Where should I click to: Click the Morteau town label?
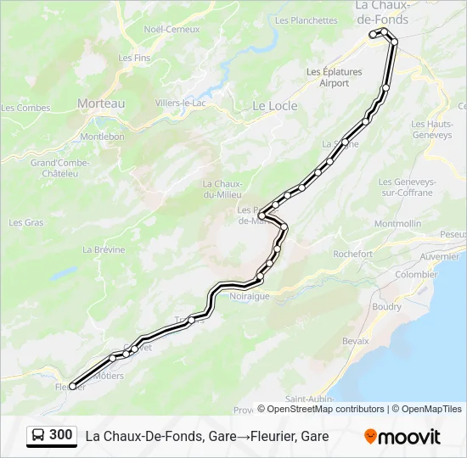pyautogui.click(x=101, y=103)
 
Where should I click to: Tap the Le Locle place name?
pyautogui.click(x=272, y=106)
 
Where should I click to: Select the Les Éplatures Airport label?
pyautogui.click(x=335, y=77)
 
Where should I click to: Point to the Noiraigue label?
pyautogui.click(x=249, y=296)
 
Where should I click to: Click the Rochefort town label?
pyautogui.click(x=353, y=254)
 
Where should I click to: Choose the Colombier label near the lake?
pyautogui.click(x=416, y=275)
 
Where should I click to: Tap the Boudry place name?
pyautogui.click(x=386, y=307)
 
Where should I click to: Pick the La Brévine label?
pyautogui.click(x=104, y=250)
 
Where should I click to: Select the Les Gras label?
pyautogui.click(x=26, y=222)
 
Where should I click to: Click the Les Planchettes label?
pyautogui.click(x=307, y=20)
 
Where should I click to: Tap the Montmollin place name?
pyautogui.click(x=397, y=224)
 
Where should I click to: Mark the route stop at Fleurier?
pyautogui.click(x=72, y=386)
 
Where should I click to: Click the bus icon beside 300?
pyautogui.click(x=38, y=435)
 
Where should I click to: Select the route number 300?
pyautogui.click(x=61, y=435)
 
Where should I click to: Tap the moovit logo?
pyautogui.click(x=402, y=436)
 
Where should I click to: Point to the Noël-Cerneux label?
pyautogui.click(x=172, y=29)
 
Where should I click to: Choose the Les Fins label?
pyautogui.click(x=134, y=58)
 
